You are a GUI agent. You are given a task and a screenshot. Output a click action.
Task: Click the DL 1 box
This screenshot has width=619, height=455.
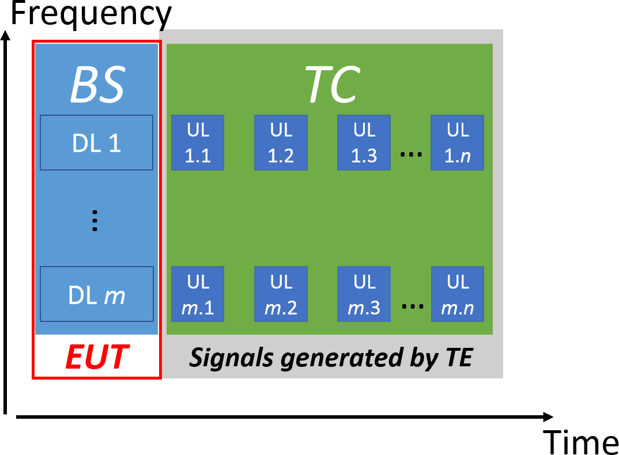point(96,142)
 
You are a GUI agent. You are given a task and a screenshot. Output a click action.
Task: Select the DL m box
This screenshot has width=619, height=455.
point(96,294)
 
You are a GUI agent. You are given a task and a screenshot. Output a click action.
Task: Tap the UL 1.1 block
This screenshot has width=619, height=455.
point(198,142)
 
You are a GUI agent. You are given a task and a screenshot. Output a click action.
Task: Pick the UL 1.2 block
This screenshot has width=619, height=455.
point(281,142)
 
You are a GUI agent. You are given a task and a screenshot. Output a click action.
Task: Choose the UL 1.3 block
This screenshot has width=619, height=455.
point(364,142)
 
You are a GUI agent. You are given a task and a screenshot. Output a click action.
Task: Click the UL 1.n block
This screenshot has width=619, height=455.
point(457,142)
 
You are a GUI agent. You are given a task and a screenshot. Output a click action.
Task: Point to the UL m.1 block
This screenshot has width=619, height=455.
point(198,294)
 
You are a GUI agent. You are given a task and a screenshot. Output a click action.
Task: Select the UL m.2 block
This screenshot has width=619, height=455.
point(281,294)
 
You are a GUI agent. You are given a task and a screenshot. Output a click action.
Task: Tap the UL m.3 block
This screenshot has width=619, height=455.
point(364,294)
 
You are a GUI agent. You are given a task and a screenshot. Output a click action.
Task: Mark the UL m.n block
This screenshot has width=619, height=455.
point(457,294)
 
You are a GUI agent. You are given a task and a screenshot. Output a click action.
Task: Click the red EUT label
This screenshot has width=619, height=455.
point(96,357)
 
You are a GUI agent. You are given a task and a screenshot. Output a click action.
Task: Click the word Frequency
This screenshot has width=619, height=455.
point(91,15)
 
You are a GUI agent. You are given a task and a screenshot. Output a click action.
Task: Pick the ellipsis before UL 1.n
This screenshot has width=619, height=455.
point(411,155)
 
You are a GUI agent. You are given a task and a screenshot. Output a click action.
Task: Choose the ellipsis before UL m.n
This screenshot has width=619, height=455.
point(412,307)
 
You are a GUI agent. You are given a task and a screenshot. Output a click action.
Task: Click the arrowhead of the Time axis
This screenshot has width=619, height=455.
point(548,416)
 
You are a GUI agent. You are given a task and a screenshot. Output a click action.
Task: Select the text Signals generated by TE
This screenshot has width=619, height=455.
point(331,358)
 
